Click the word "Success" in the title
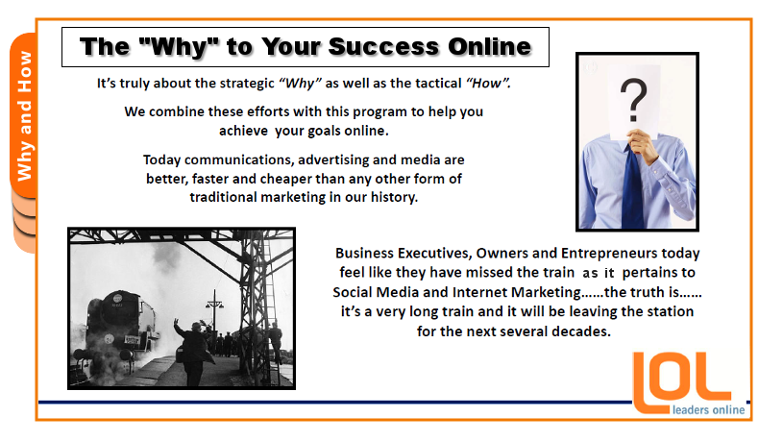pos(383,47)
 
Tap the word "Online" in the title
pos(489,47)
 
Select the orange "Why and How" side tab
pos(23,116)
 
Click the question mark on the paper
pos(634,100)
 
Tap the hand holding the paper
pos(643,144)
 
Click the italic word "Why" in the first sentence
pos(300,84)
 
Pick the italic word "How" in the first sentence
pos(488,84)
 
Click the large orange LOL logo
pos(682,382)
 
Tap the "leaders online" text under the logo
pos(709,410)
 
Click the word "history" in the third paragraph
pos(394,197)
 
